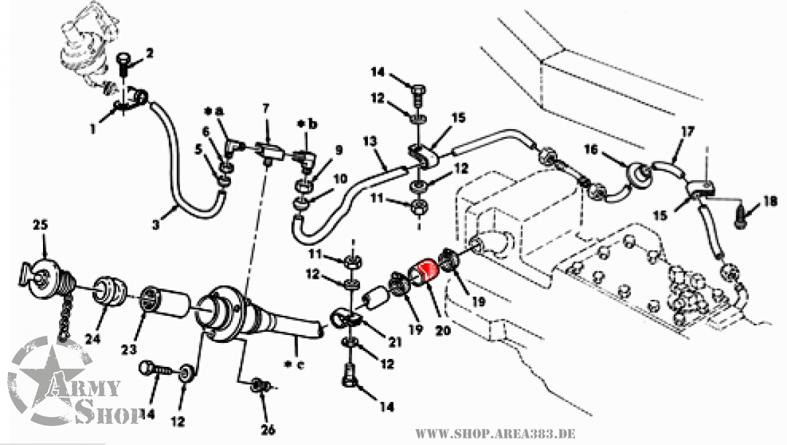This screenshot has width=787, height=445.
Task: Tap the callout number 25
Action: (40, 225)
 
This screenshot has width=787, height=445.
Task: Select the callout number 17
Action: (687, 131)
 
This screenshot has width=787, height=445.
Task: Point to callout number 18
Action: (770, 202)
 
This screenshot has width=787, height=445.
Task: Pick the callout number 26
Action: (268, 430)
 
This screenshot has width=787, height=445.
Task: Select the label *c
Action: (294, 365)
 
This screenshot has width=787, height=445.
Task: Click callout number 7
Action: (265, 107)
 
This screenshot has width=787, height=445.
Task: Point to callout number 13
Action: (369, 141)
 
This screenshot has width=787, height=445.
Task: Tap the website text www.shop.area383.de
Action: (495, 433)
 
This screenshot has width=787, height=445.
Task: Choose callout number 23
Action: (129, 348)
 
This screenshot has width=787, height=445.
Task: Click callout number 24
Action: (93, 339)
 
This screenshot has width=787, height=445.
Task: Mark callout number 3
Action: (156, 224)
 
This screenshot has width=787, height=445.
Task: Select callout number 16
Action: (591, 150)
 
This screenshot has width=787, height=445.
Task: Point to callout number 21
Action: (395, 342)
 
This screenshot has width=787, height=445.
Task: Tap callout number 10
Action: (340, 178)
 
